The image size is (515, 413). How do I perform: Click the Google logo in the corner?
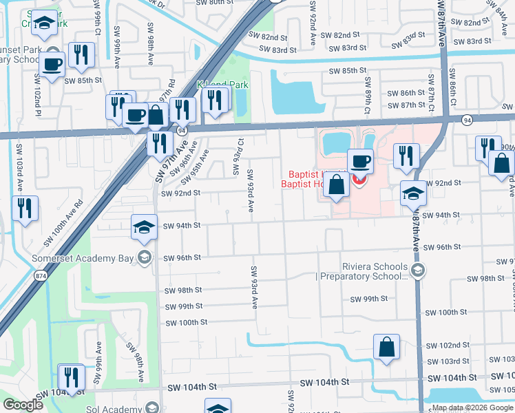tap(23, 405)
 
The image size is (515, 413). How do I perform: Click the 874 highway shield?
tap(43, 275)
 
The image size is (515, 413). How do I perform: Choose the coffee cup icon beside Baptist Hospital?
tap(360, 162)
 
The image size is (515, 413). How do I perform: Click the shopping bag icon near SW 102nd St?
tap(386, 347)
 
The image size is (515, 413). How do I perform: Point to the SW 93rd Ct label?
tap(241, 151)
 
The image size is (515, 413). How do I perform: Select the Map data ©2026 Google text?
tap(472, 407)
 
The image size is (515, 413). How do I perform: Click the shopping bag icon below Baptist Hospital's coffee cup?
tap(336, 186)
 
